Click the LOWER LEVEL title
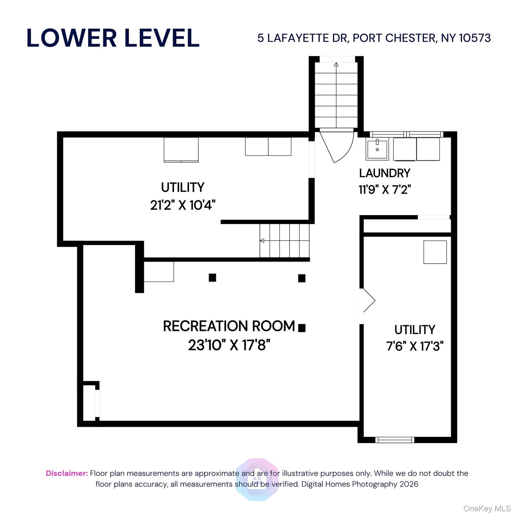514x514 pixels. click(113, 38)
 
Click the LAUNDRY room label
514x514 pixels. click(384, 173)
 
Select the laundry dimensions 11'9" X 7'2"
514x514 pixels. click(384, 189)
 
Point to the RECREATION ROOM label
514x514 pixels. click(229, 326)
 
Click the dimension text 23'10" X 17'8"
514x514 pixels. click(229, 345)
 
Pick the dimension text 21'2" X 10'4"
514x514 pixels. click(183, 205)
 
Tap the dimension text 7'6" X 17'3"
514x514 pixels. click(415, 346)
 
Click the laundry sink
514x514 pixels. click(377, 149)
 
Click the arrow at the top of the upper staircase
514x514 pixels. click(336, 64)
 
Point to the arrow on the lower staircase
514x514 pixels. click(262, 241)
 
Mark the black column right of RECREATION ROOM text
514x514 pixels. click(302, 328)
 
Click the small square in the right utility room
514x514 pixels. click(435, 252)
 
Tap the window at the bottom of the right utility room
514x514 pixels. click(395, 440)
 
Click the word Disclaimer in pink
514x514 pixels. click(67, 473)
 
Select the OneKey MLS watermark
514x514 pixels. click(487, 509)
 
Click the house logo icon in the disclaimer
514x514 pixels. click(257, 480)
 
